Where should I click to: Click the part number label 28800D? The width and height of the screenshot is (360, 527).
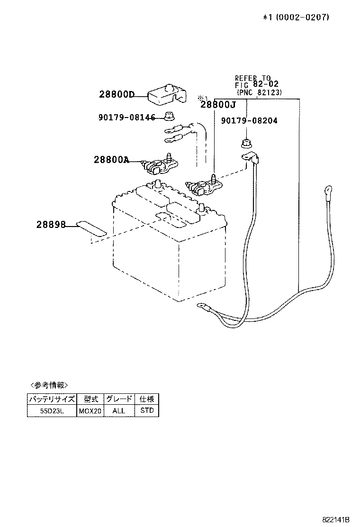[117, 94]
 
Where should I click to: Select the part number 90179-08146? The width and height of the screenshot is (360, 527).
[126, 117]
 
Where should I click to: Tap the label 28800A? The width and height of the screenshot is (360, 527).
[111, 160]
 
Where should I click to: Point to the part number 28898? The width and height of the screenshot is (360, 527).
[50, 225]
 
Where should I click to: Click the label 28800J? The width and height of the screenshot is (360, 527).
[218, 105]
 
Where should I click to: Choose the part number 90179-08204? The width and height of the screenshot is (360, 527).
[249, 121]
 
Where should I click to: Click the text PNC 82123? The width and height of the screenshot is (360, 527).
[259, 93]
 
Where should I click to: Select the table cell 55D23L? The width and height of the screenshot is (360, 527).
[52, 410]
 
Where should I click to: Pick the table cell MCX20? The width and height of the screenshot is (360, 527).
[90, 410]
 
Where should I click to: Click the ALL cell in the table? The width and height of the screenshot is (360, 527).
[118, 410]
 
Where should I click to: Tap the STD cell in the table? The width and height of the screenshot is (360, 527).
[147, 410]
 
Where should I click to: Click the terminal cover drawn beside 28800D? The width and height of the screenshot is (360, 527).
[165, 94]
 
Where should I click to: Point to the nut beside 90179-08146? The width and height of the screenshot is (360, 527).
[168, 115]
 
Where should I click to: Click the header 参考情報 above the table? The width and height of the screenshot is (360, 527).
[49, 385]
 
